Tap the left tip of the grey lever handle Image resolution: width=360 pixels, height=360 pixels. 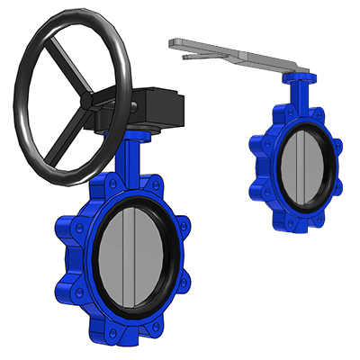[172, 42]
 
